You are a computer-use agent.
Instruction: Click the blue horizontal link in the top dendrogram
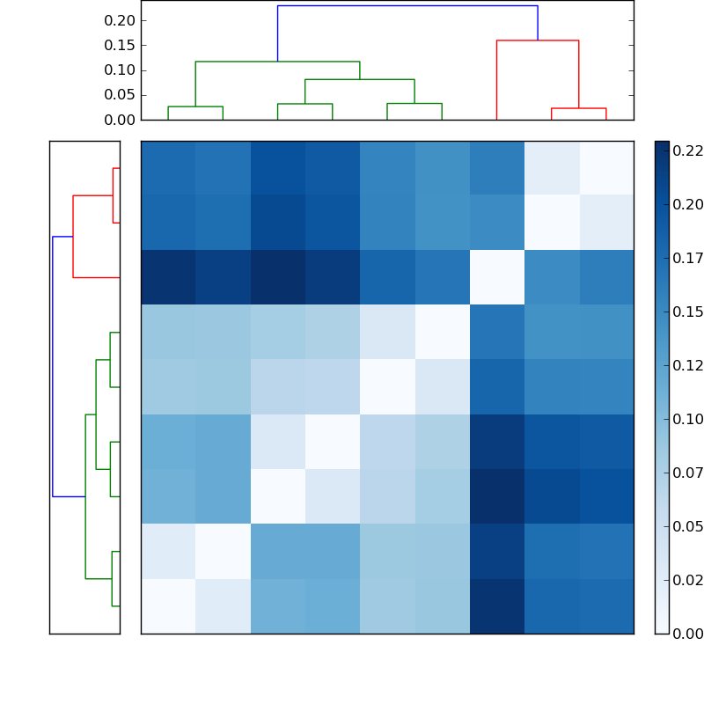tap(407, 6)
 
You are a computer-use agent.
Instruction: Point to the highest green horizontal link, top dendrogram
tap(277, 62)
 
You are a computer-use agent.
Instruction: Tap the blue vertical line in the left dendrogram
tap(53, 366)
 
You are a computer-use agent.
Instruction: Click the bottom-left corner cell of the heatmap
tap(168, 606)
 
